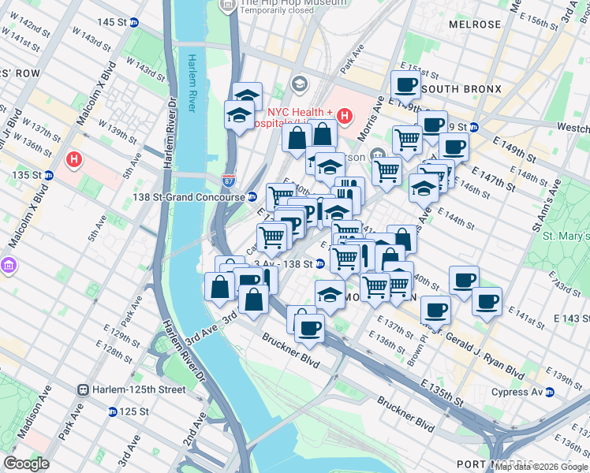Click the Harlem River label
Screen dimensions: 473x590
coord(191,82)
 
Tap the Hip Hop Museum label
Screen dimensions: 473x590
coord(282,3)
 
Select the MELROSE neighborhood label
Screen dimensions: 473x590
coord(475,24)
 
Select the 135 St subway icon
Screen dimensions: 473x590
coord(48,175)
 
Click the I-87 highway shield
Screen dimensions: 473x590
coord(229,181)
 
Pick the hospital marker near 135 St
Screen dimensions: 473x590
coord(74,160)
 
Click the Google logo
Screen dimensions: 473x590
coord(26,464)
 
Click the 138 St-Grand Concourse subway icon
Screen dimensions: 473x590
coord(252,197)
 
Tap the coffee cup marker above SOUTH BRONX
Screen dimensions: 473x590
coord(405,84)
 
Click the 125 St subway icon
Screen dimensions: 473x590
coord(113,412)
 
